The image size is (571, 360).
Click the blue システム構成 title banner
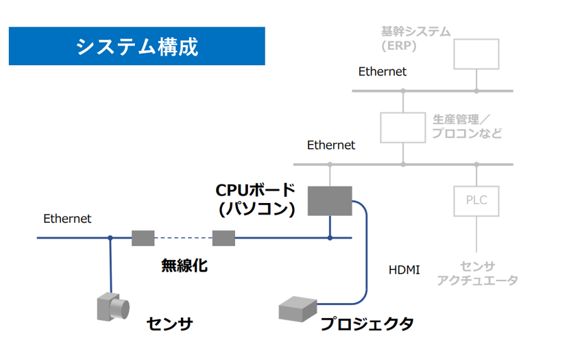coord(137,46)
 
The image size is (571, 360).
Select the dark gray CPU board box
coord(330,201)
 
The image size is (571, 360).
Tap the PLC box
coord(476,201)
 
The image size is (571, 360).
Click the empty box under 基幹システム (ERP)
coord(476,54)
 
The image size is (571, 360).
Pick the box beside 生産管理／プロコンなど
coord(403,128)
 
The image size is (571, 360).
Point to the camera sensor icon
coord(113,307)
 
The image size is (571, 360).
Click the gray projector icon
coord(297,309)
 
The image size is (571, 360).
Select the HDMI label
coord(404,270)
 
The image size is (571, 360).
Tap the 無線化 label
coord(184,265)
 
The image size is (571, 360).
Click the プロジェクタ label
coord(367,324)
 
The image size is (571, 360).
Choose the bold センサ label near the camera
coord(170,324)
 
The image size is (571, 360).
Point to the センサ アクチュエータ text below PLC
coord(477,274)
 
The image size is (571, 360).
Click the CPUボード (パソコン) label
coord(256,200)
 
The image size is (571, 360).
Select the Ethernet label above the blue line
coord(67,219)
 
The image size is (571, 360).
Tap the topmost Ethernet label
coord(382,71)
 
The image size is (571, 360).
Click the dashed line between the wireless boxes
coord(183,238)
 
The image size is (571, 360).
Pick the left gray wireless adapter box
coord(143,238)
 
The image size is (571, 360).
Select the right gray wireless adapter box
coord(223,238)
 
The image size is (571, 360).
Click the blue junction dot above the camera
coord(110,238)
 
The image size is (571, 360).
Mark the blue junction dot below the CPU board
coord(330,238)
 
